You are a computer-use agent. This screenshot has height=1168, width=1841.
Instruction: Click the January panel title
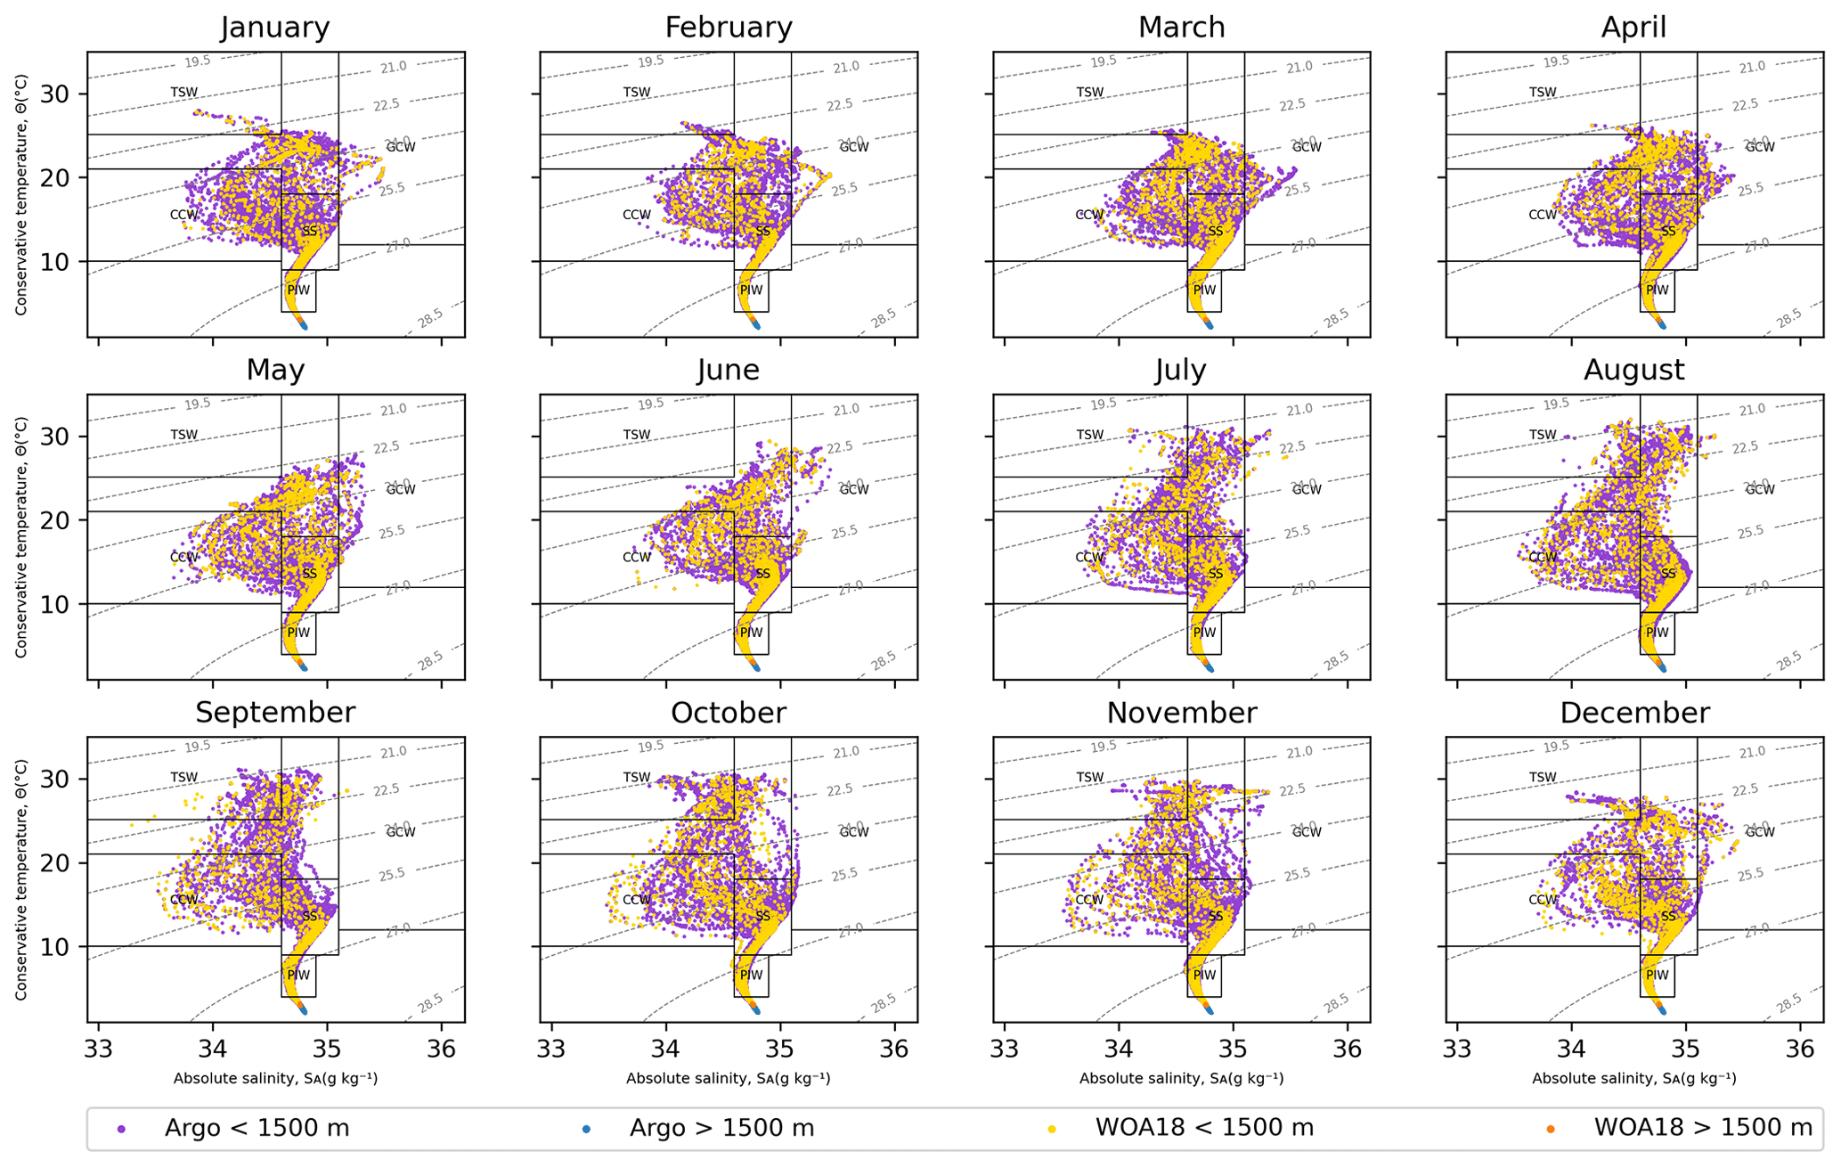[275, 28]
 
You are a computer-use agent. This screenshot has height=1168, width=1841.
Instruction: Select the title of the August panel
[1633, 370]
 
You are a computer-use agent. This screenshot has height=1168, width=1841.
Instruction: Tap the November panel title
[1181, 713]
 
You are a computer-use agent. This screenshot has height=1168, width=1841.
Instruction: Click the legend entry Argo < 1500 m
[257, 1128]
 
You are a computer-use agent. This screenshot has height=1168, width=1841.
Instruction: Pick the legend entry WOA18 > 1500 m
[1702, 1128]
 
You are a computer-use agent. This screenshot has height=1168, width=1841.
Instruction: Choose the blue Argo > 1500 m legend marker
[587, 1129]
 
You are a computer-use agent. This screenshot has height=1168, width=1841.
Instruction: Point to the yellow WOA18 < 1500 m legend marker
[1052, 1129]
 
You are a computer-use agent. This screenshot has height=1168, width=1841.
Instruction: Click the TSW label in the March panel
[1090, 93]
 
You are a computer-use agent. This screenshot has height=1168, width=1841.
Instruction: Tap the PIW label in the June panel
[751, 633]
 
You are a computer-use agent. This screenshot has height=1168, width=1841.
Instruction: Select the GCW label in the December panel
[1760, 832]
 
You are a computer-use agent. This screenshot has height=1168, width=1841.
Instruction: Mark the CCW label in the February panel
[637, 215]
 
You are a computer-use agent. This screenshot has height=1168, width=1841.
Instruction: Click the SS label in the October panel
[763, 916]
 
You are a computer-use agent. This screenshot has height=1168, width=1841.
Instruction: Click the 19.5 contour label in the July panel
[1103, 404]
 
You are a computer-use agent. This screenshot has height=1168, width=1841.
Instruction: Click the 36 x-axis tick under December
[1799, 1049]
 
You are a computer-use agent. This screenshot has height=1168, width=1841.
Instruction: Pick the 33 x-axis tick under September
[99, 1049]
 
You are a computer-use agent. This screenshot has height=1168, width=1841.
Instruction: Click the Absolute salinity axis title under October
[728, 1079]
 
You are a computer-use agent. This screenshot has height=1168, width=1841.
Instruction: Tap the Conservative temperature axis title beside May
[21, 537]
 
